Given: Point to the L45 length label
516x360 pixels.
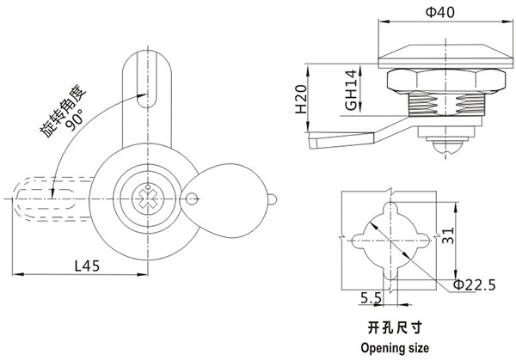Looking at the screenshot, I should pyautogui.click(x=87, y=265).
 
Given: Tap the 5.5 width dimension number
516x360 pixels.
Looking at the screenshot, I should pyautogui.click(x=372, y=298).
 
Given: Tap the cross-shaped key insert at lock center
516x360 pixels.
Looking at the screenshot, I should pyautogui.click(x=143, y=197).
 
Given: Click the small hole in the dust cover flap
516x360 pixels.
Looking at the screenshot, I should pyautogui.click(x=191, y=200).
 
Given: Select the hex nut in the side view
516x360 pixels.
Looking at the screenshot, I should pyautogui.click(x=439, y=82).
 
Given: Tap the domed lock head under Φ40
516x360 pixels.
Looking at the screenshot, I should pyautogui.click(x=439, y=52).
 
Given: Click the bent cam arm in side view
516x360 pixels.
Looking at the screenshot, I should pyautogui.click(x=340, y=136).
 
